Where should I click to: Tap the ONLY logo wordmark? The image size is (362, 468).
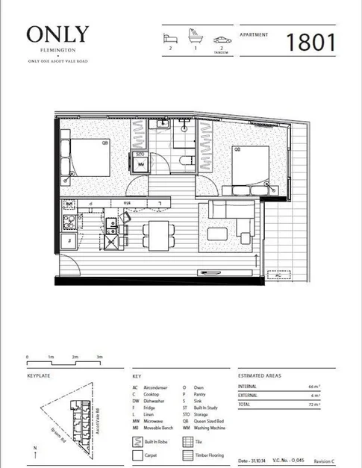57,34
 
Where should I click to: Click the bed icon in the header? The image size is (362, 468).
171,37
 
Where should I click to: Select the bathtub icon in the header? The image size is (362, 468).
196,37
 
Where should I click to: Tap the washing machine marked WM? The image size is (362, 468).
140,166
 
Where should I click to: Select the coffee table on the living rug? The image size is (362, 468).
221,233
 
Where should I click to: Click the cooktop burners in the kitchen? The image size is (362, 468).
71,221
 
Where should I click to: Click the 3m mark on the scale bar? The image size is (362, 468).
99,359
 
